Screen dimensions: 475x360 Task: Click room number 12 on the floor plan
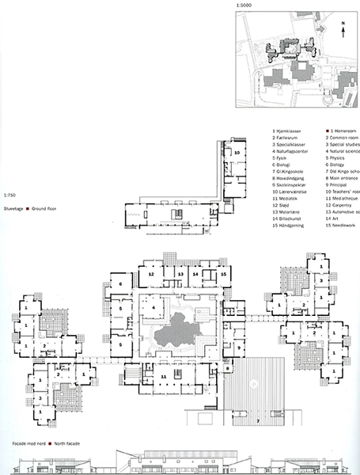[x=149, y=273]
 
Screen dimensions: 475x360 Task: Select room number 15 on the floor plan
[x=224, y=273]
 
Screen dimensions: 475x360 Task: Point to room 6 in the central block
[x=119, y=285]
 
